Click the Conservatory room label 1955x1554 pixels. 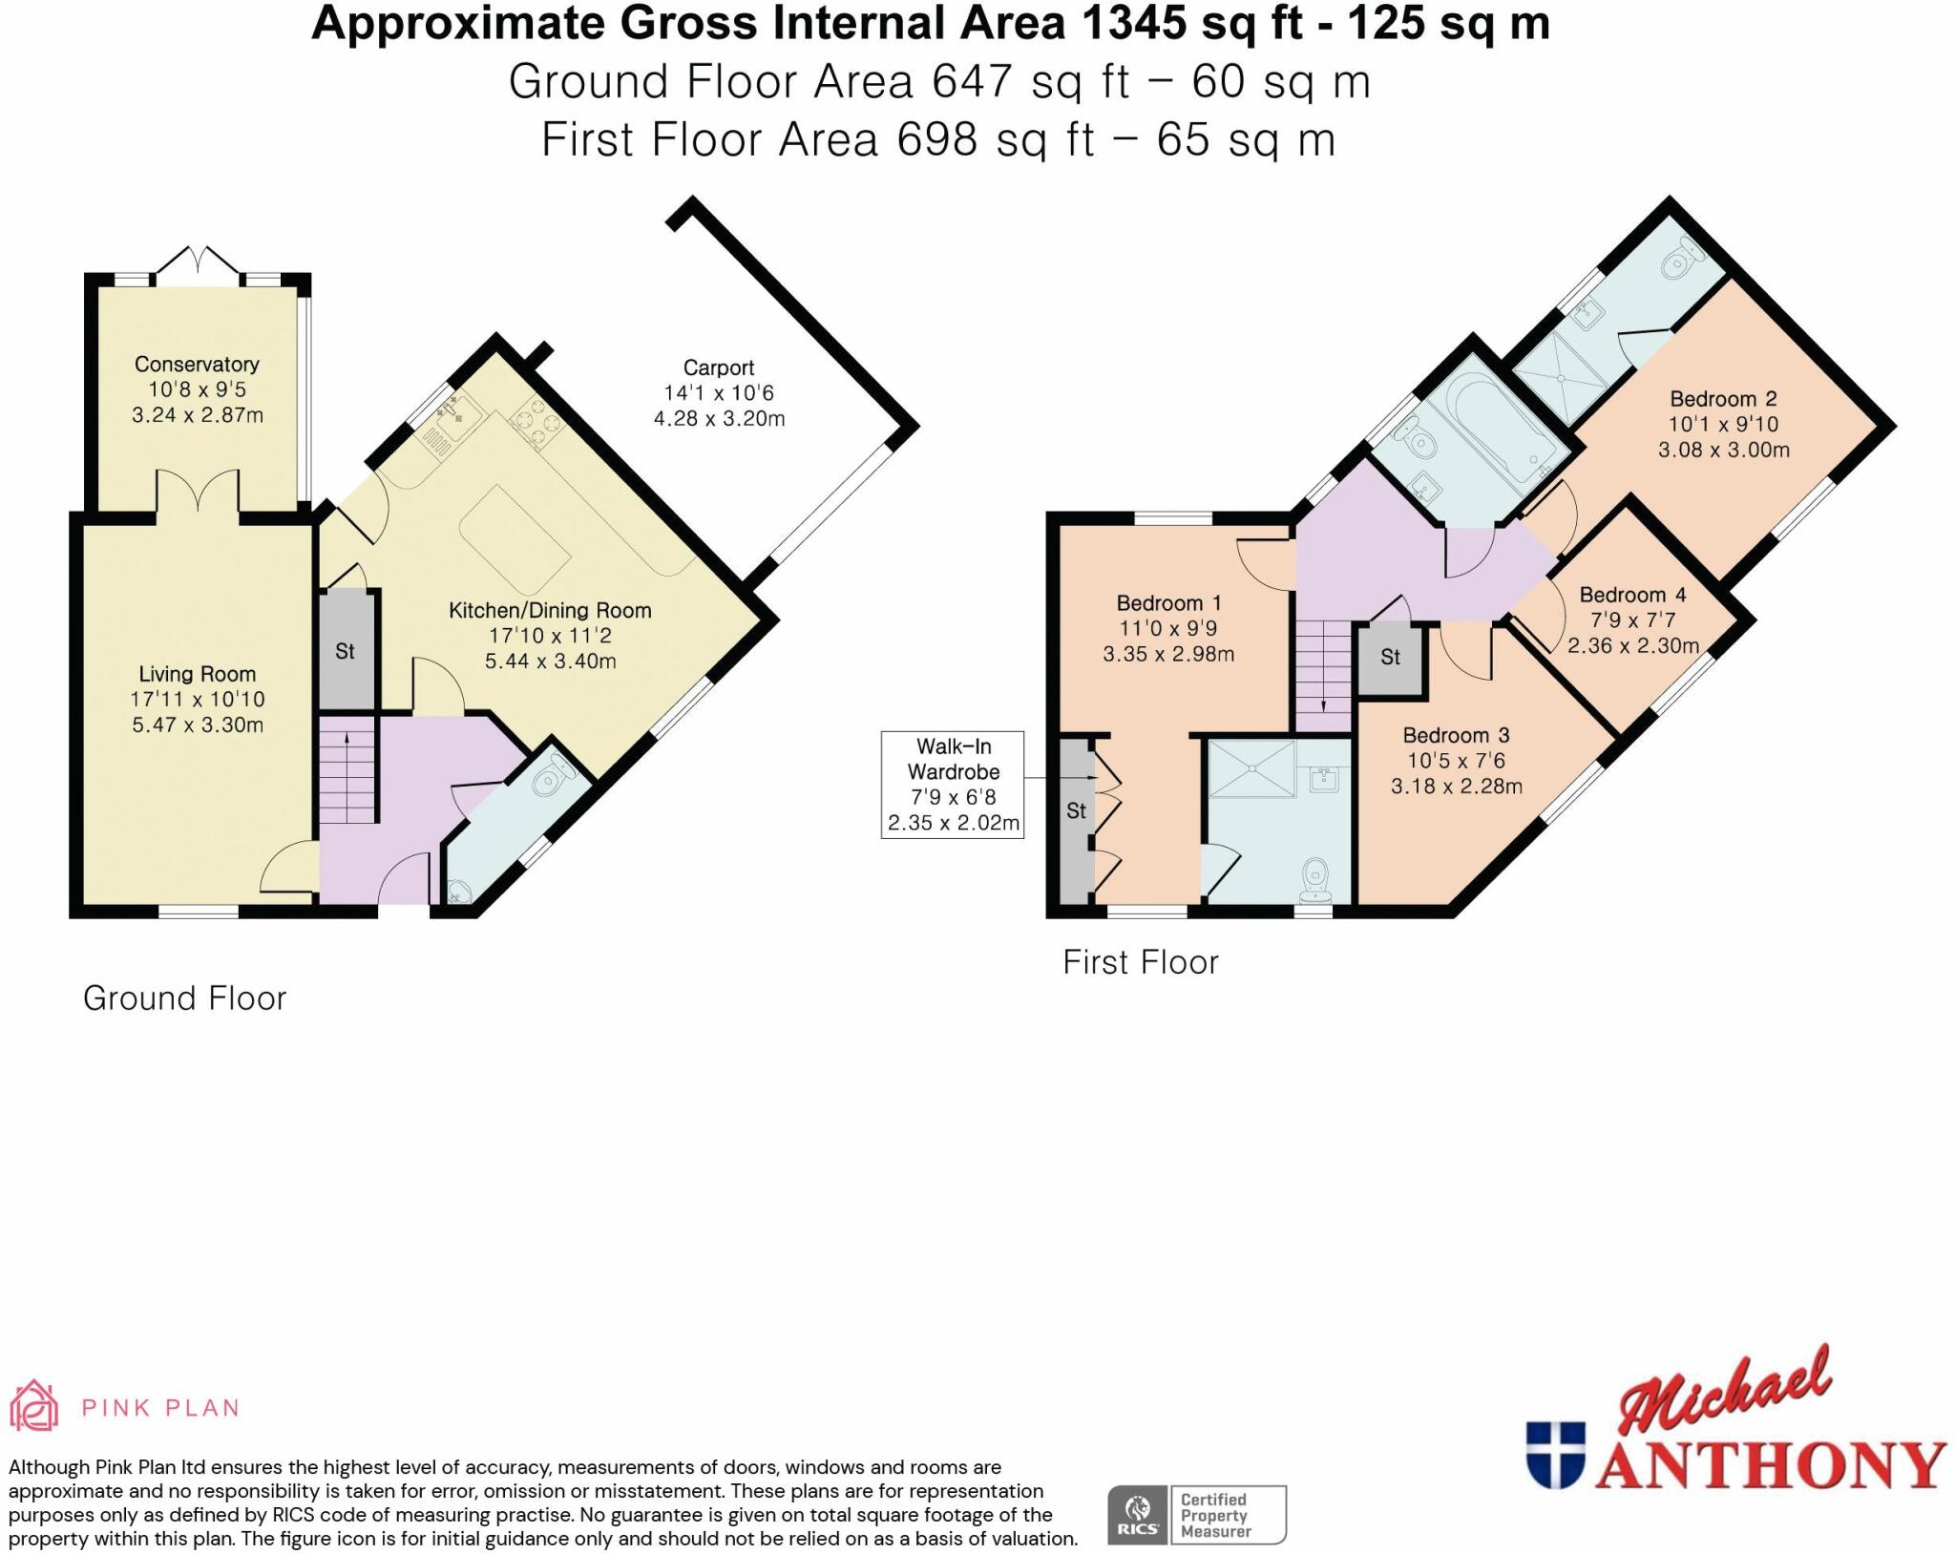tap(197, 364)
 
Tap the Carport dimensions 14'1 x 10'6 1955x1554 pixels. tap(719, 392)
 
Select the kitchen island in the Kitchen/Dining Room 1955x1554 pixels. tap(514, 539)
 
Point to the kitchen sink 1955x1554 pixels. tap(456, 412)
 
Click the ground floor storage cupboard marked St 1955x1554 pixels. tap(346, 651)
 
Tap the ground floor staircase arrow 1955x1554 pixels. tap(347, 737)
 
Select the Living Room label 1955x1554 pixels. tap(197, 674)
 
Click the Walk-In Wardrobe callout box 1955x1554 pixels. tap(953, 785)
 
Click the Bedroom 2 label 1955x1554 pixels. tap(1723, 399)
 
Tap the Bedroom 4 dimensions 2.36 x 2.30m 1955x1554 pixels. tap(1633, 645)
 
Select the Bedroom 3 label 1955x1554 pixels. tap(1456, 735)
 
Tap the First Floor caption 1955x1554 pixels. tap(1141, 962)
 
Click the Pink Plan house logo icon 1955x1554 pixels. tap(34, 1406)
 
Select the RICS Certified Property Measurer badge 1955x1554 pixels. tap(1197, 1514)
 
